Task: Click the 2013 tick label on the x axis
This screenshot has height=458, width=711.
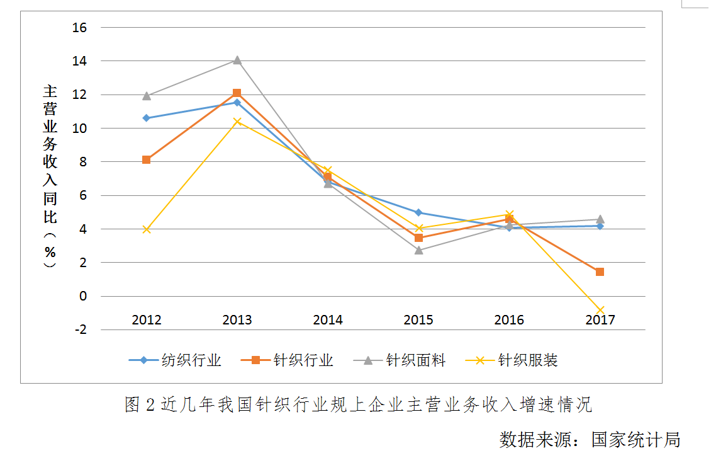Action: pos(237,320)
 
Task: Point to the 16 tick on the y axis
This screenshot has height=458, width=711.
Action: pos(80,28)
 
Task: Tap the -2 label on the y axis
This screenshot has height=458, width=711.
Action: pos(80,329)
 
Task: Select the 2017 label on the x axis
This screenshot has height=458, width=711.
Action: pos(600,320)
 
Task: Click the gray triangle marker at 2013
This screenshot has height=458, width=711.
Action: pos(237,60)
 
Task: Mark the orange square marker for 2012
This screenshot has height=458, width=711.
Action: pos(147,160)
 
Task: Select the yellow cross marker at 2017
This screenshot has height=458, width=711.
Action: pos(600,311)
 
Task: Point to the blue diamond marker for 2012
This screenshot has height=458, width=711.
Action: pos(147,118)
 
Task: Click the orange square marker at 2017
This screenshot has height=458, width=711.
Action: pos(600,272)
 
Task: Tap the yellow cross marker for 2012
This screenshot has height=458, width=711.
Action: pos(147,229)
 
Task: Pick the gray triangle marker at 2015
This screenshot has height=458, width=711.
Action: pos(418,249)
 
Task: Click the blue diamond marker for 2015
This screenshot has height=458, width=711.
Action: pos(418,212)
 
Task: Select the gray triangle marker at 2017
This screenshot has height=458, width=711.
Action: pos(600,219)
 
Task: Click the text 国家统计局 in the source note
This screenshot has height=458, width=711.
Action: pos(635,439)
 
